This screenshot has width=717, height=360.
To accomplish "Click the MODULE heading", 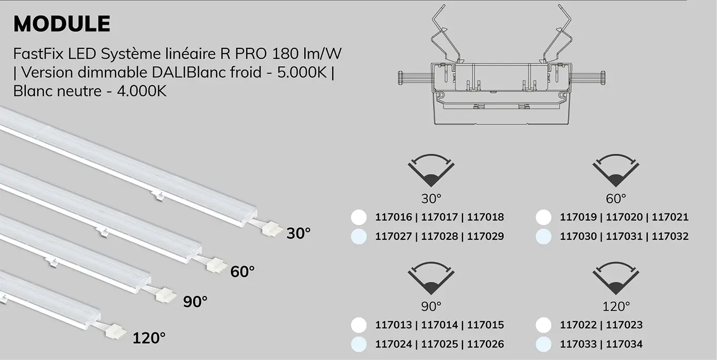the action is [62, 24].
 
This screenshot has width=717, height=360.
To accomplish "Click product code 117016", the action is [393, 217].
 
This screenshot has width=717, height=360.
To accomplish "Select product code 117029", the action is [486, 237].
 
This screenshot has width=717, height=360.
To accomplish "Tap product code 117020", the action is [624, 217].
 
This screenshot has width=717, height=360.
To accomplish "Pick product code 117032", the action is [670, 237].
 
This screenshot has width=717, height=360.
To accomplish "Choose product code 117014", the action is [439, 325].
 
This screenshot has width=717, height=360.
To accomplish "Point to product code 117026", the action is [486, 344].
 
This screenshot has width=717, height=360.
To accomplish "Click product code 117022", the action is [578, 325].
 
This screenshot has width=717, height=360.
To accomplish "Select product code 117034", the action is [624, 344].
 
